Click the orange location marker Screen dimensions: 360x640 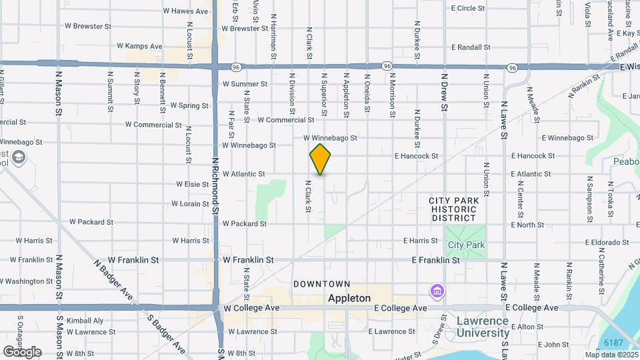pyautogui.click(x=320, y=159)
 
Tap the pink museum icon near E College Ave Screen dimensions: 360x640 pyautogui.click(x=437, y=291)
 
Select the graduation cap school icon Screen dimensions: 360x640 pyautogui.click(x=19, y=158)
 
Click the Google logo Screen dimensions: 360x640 pyautogui.click(x=22, y=351)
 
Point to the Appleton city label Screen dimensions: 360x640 pyautogui.click(x=349, y=299)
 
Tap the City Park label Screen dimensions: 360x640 pyautogui.click(x=466, y=245)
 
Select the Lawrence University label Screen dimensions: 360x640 pyautogui.click(x=482, y=326)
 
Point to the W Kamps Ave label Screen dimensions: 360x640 pyautogui.click(x=139, y=46)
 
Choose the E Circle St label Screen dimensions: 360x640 pyautogui.click(x=471, y=8)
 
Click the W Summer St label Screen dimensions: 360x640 pyautogui.click(x=245, y=84)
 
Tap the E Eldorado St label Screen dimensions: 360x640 pyautogui.click(x=608, y=243)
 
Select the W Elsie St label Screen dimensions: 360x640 pyautogui.click(x=193, y=184)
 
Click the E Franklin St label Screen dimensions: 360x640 pyautogui.click(x=436, y=260)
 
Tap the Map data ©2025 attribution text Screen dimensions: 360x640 pyautogui.click(x=610, y=355)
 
